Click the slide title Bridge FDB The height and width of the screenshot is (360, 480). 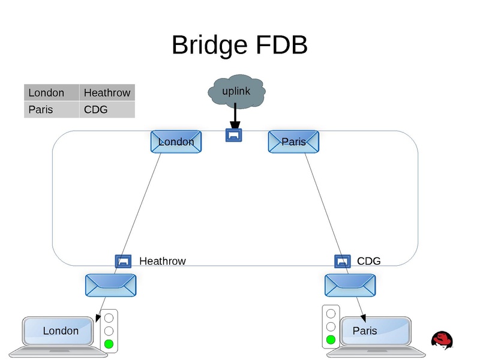tap(239, 45)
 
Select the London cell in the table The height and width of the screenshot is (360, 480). tap(52, 92)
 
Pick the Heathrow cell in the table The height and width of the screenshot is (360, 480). tap(107, 92)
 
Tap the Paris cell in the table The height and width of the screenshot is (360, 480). tap(52, 109)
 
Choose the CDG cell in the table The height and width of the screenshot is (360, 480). tap(107, 109)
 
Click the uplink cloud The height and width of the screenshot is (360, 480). tap(236, 91)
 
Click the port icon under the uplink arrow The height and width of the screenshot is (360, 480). tap(233, 135)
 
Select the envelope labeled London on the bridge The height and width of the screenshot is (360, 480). tap(176, 142)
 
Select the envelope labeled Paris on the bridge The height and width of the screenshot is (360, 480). tap(293, 142)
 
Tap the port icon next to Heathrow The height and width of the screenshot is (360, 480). tap(123, 261)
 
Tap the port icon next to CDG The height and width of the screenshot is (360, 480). tap(342, 261)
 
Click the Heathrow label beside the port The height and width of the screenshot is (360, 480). tap(163, 261)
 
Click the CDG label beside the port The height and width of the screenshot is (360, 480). tap(368, 261)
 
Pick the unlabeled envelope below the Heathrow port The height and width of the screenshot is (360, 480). tap(111, 285)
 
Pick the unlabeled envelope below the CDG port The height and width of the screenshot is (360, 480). tap(350, 285)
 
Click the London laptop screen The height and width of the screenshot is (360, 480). tap(60, 331)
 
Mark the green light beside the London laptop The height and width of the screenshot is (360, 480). tap(109, 344)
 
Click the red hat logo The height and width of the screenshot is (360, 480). tap(442, 340)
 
